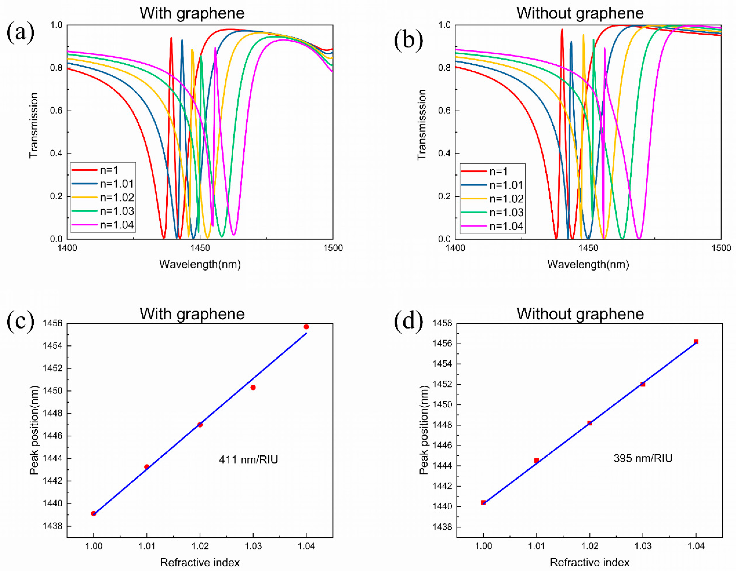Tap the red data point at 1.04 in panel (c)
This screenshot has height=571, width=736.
[306, 327]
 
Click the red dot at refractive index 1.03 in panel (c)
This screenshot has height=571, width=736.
[253, 387]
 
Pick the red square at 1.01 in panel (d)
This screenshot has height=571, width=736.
[537, 460]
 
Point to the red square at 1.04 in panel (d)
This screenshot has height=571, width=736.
[696, 342]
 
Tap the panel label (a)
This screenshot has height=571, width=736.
[20, 32]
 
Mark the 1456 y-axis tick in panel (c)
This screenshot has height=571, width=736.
[53, 323]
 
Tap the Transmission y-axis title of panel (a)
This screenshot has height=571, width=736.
[34, 125]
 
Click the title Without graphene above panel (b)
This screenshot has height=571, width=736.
[580, 13]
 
